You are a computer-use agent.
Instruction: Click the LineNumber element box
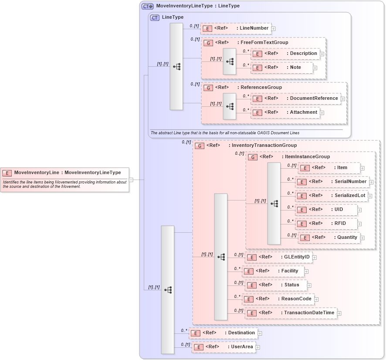coord(236,28)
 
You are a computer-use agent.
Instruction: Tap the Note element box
coord(282,68)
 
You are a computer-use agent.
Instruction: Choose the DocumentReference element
coord(295,98)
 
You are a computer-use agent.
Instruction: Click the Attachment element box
coord(285,112)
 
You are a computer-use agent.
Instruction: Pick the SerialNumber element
coord(332,182)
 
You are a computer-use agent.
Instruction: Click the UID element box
coord(326,210)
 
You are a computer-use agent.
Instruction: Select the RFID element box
coord(326,224)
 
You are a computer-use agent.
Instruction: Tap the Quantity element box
coord(329,238)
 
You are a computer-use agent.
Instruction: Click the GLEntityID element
coord(278,257)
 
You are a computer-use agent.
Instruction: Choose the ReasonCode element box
coord(278,299)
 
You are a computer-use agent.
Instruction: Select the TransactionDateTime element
coord(291,313)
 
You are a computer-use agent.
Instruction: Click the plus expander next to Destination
coord(260,333)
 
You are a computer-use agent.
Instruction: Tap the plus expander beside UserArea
coord(258,347)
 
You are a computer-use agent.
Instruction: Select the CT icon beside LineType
coord(155,17)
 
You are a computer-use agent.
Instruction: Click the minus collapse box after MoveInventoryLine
coord(131,179)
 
